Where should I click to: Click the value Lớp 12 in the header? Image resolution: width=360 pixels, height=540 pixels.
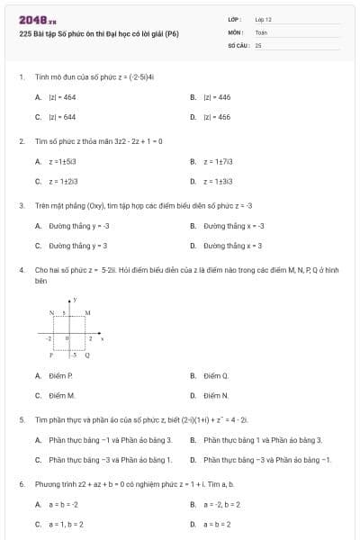(x=263, y=19)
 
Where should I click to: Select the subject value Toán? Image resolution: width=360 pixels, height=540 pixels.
(x=261, y=31)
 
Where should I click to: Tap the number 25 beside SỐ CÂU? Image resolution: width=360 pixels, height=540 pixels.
(x=258, y=44)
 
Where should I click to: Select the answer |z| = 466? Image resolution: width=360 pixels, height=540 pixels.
(x=217, y=117)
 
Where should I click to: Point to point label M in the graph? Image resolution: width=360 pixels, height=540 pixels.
(x=87, y=312)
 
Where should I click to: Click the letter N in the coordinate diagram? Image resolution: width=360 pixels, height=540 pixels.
(x=52, y=312)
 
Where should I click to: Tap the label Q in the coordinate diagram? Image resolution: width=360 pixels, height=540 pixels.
(x=86, y=355)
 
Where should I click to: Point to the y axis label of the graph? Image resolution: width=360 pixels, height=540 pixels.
(x=76, y=298)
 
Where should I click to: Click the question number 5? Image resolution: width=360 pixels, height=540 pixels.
(x=21, y=419)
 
